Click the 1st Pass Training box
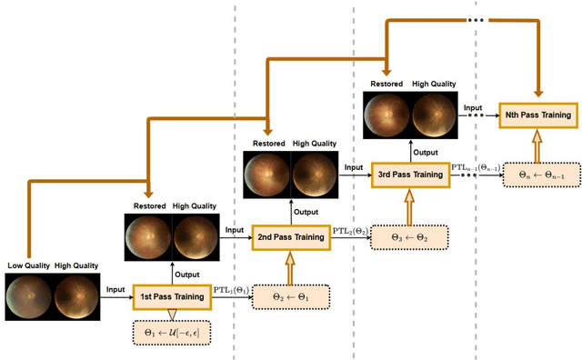[172, 295]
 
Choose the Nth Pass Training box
[537, 116]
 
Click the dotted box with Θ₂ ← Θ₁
[290, 296]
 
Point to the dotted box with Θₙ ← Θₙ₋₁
[537, 175]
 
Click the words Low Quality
[27, 265]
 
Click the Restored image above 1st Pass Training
[148, 238]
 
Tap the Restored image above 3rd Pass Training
[387, 115]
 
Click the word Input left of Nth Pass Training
[473, 107]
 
